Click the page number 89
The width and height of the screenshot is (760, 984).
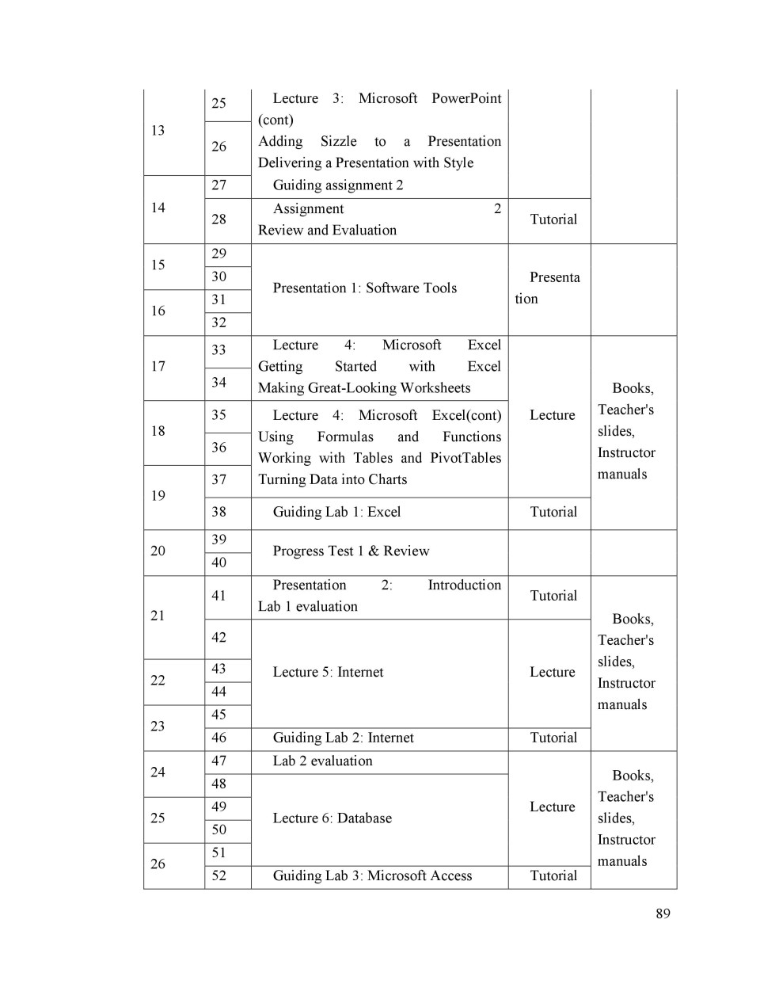coord(663,913)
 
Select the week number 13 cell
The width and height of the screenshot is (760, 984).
coord(158,131)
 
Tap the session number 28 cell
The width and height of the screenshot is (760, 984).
coord(219,219)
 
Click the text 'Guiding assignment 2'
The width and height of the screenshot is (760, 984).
coord(338,185)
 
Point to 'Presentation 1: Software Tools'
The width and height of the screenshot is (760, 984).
coord(365,288)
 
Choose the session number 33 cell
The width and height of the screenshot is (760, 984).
coord(219,350)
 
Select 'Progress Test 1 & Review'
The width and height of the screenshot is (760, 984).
coord(351,551)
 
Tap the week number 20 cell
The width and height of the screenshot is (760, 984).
coord(158,551)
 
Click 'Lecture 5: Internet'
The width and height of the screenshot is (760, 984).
coord(328,673)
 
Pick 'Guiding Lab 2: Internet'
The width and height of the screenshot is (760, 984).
coord(343,738)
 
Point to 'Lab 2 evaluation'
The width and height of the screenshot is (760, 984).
coord(322,761)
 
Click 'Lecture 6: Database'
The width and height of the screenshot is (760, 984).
coord(332,818)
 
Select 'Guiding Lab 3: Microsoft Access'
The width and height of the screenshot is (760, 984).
coord(372,876)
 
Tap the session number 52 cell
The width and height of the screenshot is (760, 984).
coord(219,876)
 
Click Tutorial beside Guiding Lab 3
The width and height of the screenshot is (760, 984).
coord(553,876)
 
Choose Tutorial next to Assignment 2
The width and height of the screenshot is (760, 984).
coord(553,219)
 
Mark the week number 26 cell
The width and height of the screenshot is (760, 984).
coord(158,864)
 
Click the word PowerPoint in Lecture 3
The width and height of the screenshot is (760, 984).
coord(466,98)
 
